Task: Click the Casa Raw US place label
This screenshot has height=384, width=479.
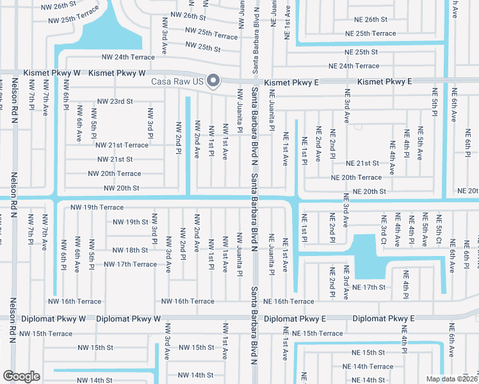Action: coord(177,82)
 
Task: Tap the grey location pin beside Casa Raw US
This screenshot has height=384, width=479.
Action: coord(214,81)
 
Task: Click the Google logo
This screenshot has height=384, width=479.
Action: coord(21,376)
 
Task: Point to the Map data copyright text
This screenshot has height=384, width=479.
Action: coord(451,379)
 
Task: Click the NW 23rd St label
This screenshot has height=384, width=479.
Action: coord(115,101)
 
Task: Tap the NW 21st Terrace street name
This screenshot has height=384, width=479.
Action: coord(122,145)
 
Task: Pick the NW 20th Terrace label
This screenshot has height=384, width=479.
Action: coord(114,173)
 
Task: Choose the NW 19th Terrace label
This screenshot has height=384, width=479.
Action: coord(97,207)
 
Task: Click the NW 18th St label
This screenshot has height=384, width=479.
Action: coord(131,250)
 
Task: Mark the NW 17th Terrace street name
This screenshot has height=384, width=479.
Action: coord(130,264)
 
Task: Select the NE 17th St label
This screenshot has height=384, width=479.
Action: coord(369,287)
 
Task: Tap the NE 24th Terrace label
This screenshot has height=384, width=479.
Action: coord(353,66)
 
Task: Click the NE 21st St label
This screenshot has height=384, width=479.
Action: coord(362,163)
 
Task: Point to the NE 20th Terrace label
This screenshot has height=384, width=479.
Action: coord(356,177)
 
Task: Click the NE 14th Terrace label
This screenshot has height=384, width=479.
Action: coord(368,367)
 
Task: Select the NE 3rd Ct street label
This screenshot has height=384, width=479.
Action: coord(384,230)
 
